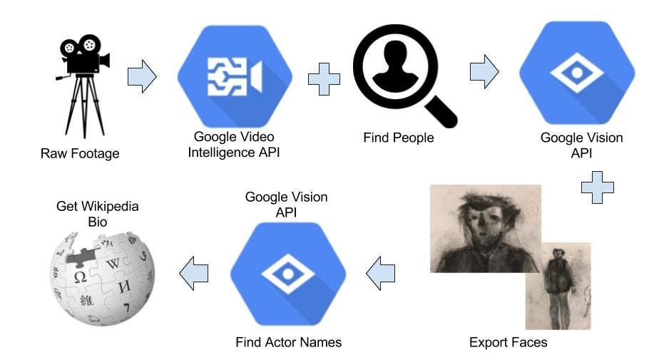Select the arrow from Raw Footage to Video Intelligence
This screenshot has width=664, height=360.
click(x=141, y=76)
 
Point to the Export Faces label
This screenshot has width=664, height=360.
click(x=508, y=343)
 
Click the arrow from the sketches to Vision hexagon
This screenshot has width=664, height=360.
click(x=381, y=273)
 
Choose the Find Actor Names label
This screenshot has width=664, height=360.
click(x=288, y=343)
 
